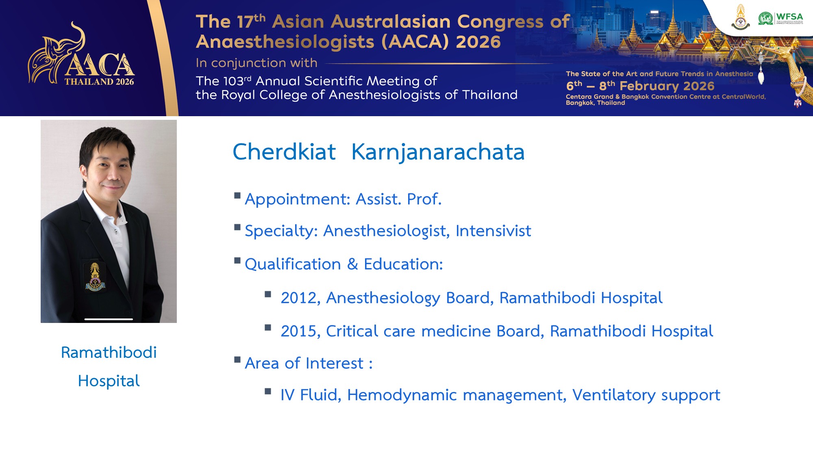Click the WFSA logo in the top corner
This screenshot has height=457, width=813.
pos(780,19)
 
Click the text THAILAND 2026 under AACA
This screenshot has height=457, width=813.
pos(99,82)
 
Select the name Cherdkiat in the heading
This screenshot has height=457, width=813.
pos(284,152)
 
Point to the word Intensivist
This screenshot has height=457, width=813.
pos(493,231)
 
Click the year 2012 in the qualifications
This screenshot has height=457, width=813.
pos(299,298)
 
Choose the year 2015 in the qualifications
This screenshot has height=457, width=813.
pos(299,331)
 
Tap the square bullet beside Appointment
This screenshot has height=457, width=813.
pos(237,195)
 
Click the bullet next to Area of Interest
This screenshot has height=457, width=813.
pos(237,360)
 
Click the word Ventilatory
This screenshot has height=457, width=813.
pos(614,395)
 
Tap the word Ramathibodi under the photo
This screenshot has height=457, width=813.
pos(109,353)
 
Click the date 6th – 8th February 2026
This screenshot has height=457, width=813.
pos(640,86)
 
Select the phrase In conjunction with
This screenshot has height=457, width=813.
pos(256,63)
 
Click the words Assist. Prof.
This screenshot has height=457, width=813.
pos(398,199)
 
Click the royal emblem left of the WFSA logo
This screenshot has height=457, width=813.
pos(741,17)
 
